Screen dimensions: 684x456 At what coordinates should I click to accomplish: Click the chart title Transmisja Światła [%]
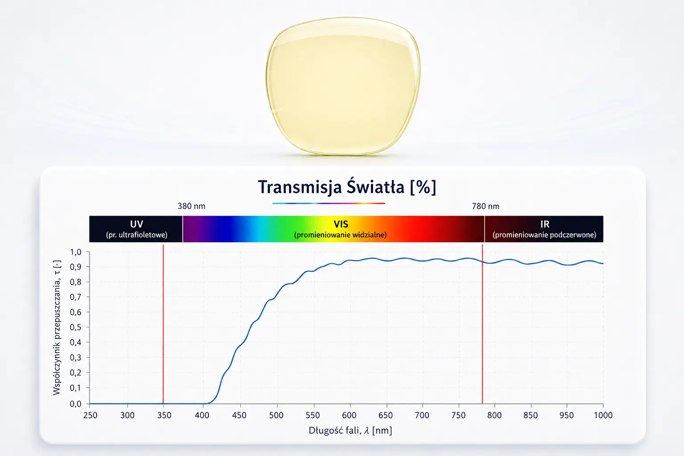[347, 187]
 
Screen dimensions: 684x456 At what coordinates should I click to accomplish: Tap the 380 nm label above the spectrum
[191, 206]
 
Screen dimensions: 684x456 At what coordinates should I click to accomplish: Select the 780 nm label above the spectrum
[485, 206]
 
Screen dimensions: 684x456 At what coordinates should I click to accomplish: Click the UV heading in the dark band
[137, 224]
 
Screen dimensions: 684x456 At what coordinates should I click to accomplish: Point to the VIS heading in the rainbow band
[341, 224]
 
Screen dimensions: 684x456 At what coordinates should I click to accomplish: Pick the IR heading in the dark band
[545, 224]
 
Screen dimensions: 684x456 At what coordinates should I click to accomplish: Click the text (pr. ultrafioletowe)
[137, 235]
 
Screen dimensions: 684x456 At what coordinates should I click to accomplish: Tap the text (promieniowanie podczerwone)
[545, 235]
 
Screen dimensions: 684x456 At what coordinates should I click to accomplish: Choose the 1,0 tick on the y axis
[76, 252]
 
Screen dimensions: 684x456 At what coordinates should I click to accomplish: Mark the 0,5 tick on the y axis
[76, 327]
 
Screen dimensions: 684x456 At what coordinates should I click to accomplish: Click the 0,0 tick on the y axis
[76, 404]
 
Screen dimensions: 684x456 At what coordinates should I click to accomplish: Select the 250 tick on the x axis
[90, 415]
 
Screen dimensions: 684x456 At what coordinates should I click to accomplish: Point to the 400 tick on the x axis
[202, 415]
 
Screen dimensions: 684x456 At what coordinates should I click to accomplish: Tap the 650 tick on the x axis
[386, 415]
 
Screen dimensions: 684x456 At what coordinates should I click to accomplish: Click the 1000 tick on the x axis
[603, 415]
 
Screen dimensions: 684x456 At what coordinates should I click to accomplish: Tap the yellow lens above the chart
[343, 86]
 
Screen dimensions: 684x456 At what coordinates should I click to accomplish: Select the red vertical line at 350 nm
[163, 324]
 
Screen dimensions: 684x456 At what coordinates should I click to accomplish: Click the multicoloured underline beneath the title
[329, 203]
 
